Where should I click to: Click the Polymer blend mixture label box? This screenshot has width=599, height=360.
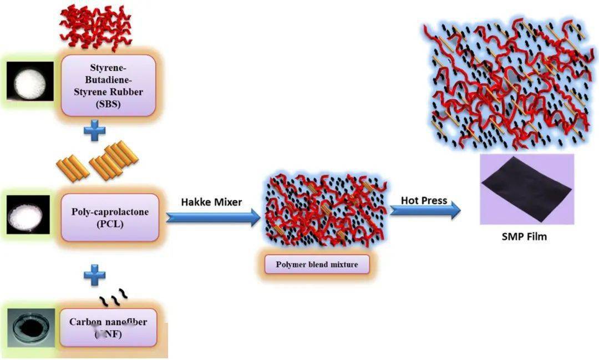317,265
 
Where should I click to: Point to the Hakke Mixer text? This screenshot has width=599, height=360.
211,202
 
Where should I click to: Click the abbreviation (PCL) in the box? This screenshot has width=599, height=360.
109,224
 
